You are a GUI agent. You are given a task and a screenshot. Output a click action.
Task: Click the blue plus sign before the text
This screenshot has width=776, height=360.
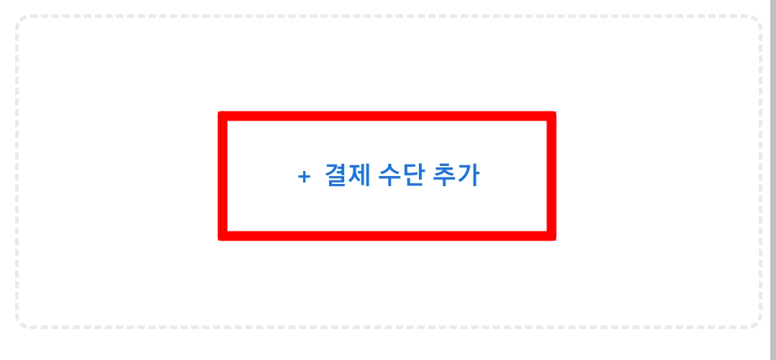coord(304,177)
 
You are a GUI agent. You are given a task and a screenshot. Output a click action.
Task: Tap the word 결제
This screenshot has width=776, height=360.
coord(347,175)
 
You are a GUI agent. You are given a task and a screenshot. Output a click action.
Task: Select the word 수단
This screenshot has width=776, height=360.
coord(400,175)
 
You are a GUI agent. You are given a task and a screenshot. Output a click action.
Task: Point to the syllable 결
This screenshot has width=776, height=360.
coord(336,175)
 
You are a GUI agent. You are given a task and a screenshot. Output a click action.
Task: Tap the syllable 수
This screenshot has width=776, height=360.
coord(389,175)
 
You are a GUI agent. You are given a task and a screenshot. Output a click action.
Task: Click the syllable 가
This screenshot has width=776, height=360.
coord(468,175)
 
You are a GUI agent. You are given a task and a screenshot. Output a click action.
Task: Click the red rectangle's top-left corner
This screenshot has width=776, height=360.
coord(223,116)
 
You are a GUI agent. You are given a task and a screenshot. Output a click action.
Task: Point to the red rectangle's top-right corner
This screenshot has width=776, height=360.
coord(551,116)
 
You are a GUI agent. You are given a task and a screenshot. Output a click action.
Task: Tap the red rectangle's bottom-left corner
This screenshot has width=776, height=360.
coord(223,236)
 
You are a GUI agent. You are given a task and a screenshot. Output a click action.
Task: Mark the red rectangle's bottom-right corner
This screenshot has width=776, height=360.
coord(551,236)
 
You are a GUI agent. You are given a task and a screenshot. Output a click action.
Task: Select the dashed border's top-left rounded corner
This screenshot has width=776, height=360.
coord(22,21)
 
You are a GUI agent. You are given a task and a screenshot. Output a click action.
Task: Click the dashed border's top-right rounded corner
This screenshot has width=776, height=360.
coord(756,21)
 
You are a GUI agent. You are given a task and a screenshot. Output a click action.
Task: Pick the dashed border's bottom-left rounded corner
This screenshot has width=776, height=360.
coord(22,323)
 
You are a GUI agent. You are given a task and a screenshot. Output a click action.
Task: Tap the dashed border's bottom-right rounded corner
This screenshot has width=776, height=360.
coord(756,323)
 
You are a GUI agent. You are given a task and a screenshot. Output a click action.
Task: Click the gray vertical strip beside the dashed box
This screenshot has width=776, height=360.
coord(773,180)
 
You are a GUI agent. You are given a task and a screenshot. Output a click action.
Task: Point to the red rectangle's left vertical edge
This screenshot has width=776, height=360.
coord(223,176)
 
